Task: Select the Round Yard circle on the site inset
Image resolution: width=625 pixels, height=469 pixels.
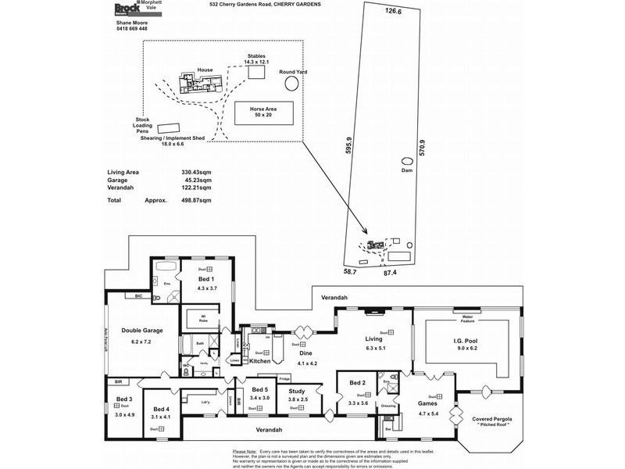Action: [291, 83]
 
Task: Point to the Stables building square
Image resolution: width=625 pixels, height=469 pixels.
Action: [256, 71]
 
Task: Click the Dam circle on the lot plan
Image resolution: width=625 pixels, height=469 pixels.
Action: [405, 159]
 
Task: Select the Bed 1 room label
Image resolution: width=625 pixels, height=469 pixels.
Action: [206, 279]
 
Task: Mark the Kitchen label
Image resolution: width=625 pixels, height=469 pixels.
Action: [259, 361]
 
